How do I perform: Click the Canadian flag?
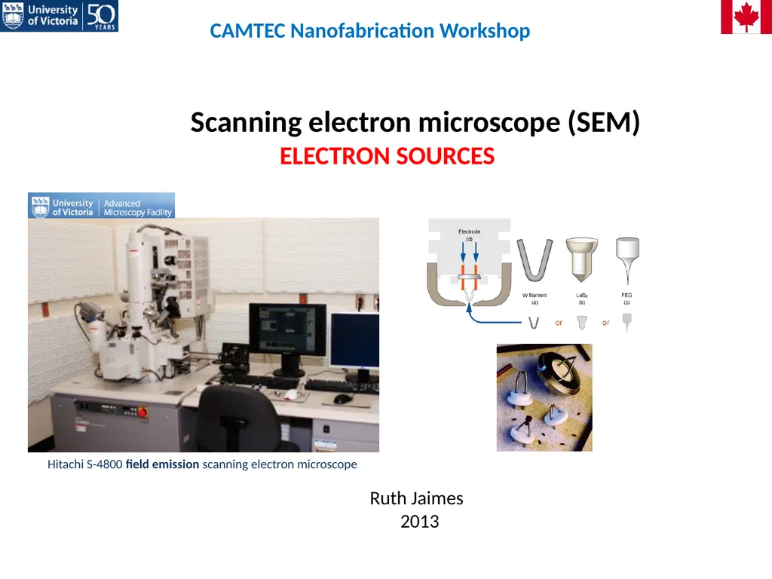click(746, 17)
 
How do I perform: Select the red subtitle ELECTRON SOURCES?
click(387, 157)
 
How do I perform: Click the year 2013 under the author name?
click(419, 521)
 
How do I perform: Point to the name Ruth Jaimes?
click(416, 498)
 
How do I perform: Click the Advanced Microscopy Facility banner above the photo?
click(101, 205)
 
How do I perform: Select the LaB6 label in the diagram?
click(581, 296)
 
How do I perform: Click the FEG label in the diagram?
click(626, 296)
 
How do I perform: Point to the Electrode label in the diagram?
click(469, 231)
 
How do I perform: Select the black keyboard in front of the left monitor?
click(260, 381)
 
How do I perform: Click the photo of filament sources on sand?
click(544, 397)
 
